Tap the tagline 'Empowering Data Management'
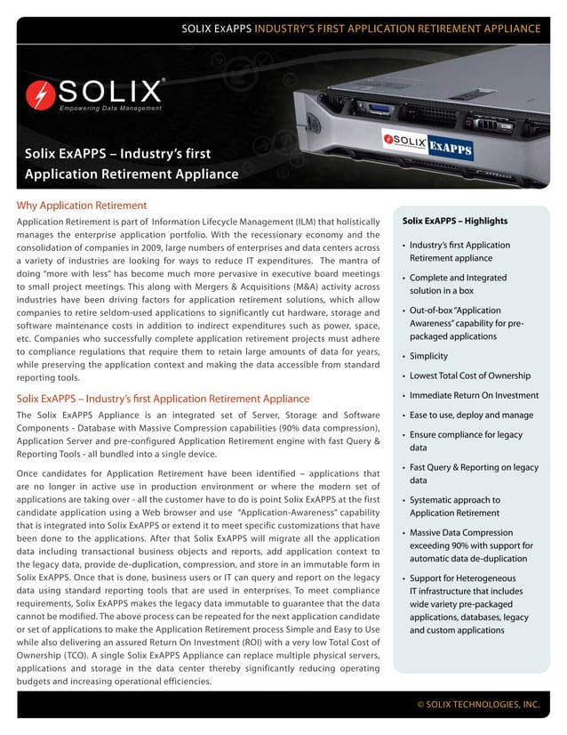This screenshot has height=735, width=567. [110, 109]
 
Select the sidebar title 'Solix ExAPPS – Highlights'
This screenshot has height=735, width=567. [454, 221]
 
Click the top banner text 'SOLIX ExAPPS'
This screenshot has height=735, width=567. [216, 28]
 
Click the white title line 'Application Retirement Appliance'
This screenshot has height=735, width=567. [132, 174]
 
